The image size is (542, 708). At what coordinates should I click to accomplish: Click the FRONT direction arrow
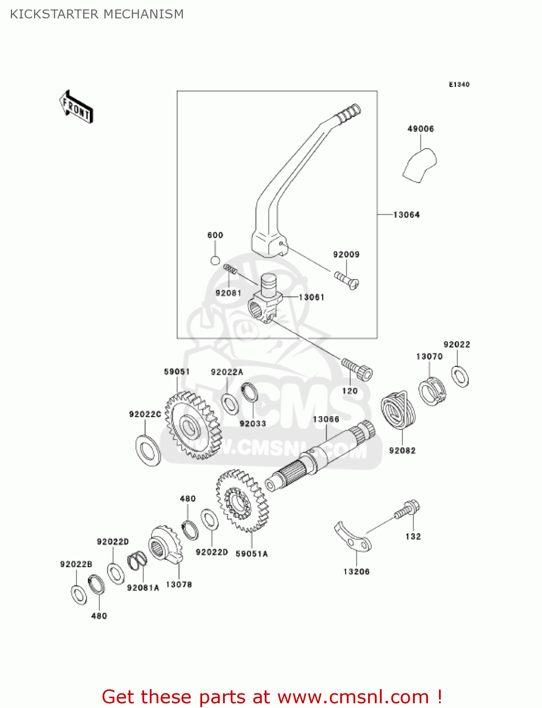coord(76,107)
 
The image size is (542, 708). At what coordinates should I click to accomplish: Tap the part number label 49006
coord(421,128)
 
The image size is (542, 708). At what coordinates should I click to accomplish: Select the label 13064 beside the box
coord(406,215)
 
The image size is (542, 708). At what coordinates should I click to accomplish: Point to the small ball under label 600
coord(215,260)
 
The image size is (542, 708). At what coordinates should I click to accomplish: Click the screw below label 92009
coord(347,279)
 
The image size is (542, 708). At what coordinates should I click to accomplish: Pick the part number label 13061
coord(312,297)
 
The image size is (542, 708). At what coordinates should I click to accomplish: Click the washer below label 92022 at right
coord(460,376)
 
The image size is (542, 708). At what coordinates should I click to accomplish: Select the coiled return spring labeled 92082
coord(399,410)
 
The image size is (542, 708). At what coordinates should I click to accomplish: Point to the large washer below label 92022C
coord(148,450)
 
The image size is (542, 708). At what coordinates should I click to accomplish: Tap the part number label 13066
coord(326,419)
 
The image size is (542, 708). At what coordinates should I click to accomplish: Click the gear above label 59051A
coord(242,500)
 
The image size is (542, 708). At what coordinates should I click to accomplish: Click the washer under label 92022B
coord(79,595)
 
